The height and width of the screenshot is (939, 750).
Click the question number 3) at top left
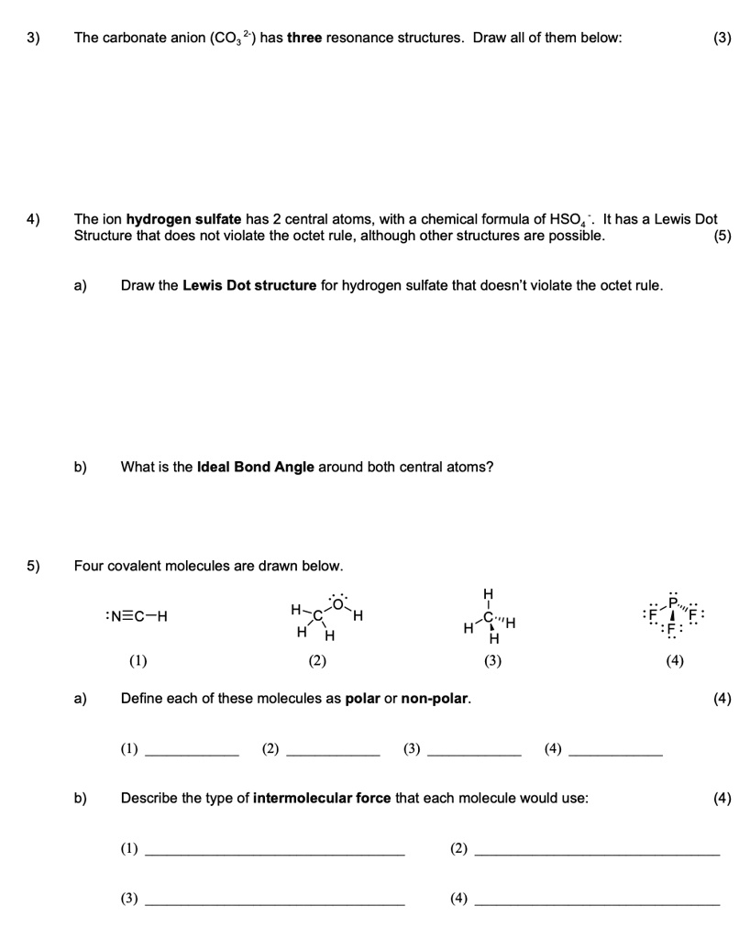33,38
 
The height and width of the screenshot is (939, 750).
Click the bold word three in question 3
304,38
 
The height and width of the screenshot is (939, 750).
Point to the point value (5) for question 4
721,236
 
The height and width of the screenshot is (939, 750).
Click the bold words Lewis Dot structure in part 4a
249,285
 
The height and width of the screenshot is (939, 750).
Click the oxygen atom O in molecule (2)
337,602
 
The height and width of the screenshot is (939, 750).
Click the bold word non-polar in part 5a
436,699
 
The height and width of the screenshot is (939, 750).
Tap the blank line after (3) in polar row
474,752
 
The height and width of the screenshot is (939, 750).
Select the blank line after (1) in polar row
192,752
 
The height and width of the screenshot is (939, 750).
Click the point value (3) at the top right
722,38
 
